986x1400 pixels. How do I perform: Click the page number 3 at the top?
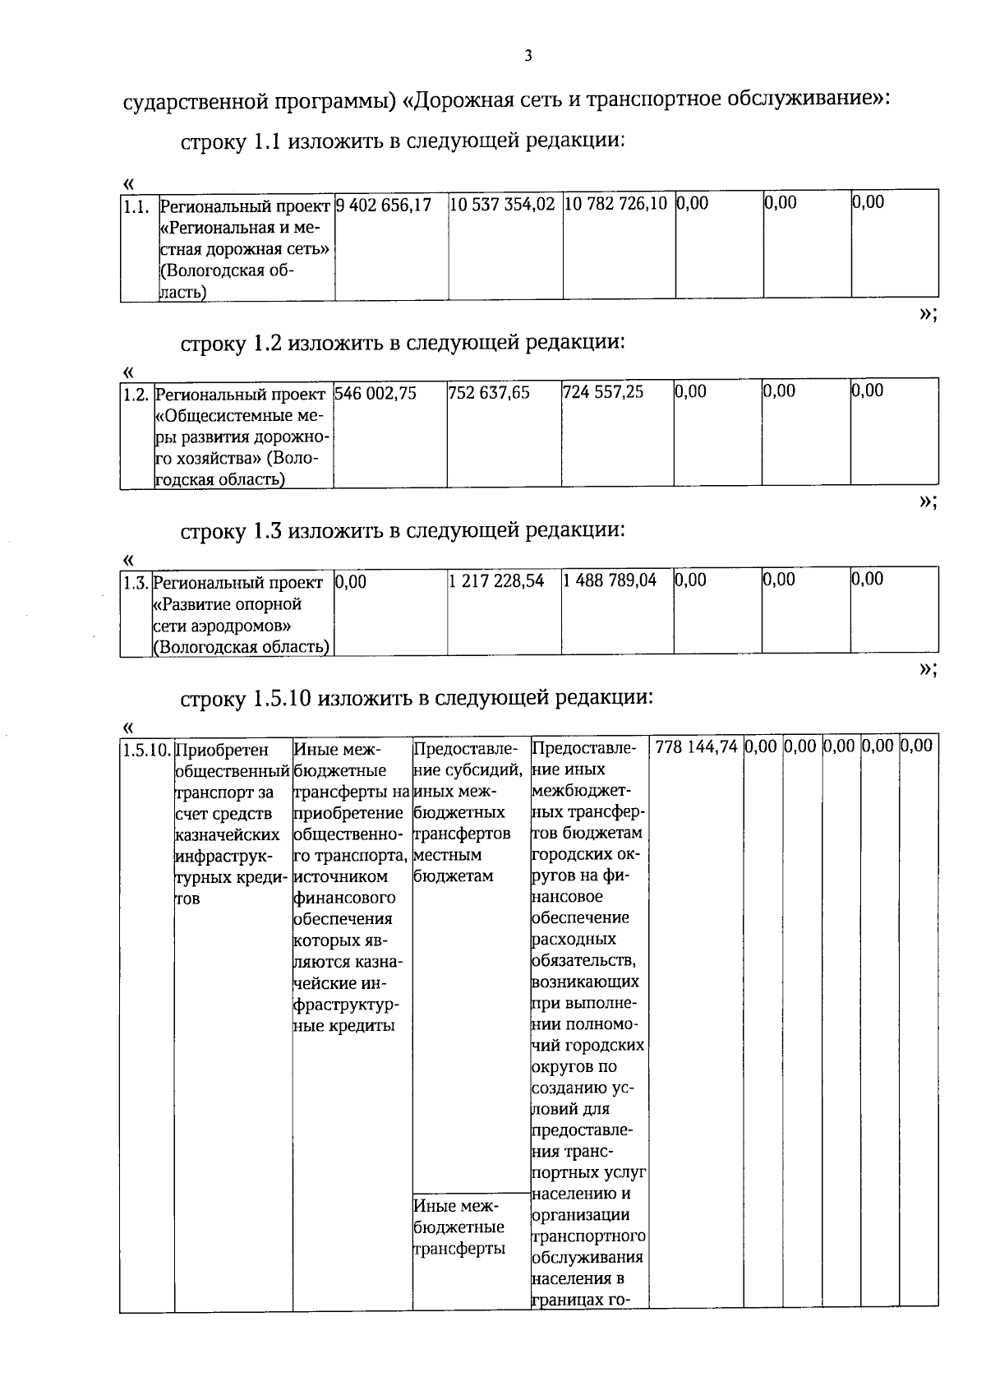(528, 56)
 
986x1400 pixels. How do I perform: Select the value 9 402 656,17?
(384, 204)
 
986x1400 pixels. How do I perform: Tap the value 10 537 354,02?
(502, 204)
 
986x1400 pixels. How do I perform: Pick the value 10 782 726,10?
(615, 203)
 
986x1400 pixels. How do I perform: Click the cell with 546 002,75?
(376, 393)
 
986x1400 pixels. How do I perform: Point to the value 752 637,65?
(489, 393)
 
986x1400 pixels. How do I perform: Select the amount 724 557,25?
(603, 392)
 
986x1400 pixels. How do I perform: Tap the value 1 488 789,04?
(610, 580)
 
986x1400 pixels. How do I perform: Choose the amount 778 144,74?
(697, 746)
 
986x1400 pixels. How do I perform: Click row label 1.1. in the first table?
(136, 206)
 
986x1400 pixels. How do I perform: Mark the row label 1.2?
(136, 395)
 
